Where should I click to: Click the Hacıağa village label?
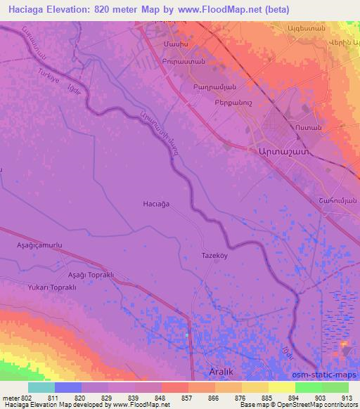coord(155,203)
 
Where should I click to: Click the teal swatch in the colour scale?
coord(41,387)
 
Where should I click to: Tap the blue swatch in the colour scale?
coord(67,387)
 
